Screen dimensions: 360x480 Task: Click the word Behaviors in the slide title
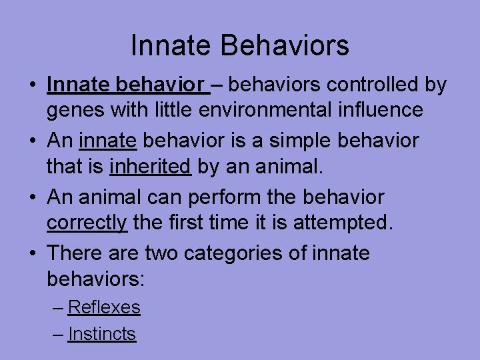pyautogui.click(x=287, y=46)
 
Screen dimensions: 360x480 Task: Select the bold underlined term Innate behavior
pyautogui.click(x=125, y=85)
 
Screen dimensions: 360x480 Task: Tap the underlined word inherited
pyautogui.click(x=150, y=166)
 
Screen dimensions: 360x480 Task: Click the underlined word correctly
pyautogui.click(x=87, y=222)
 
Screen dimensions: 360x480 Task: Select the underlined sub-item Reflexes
pyautogui.click(x=104, y=307)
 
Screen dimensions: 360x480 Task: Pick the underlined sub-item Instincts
pyautogui.click(x=102, y=334)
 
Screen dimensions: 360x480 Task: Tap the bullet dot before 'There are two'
pyautogui.click(x=32, y=253)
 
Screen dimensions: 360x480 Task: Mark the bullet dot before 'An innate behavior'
pyautogui.click(x=32, y=141)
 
